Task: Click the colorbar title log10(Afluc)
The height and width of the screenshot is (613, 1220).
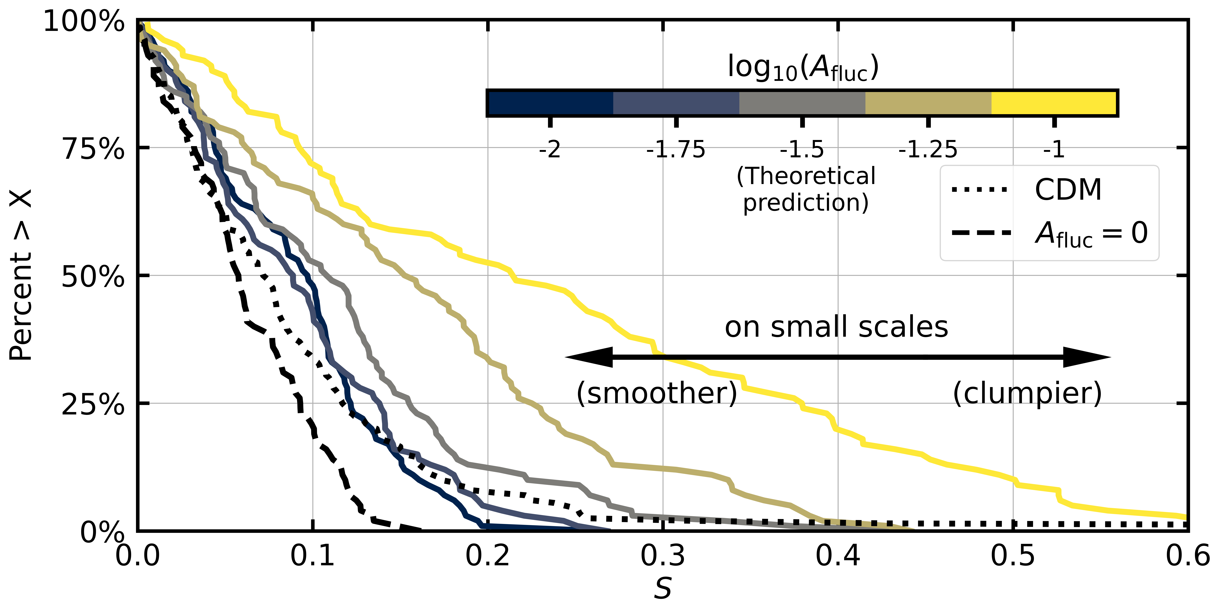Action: pos(803,68)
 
